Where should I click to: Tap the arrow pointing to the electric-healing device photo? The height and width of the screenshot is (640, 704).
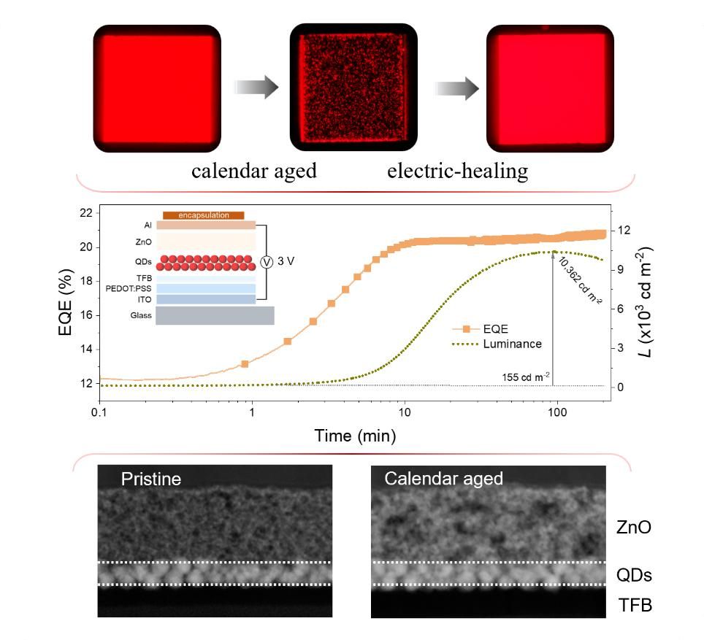[x=457, y=89]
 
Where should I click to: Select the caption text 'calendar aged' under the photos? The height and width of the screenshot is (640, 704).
[x=253, y=171]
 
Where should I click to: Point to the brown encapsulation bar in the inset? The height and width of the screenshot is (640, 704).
[x=202, y=215]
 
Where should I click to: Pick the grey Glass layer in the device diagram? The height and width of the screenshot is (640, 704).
[x=214, y=315]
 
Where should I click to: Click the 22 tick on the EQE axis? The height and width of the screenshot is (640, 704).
[x=85, y=213]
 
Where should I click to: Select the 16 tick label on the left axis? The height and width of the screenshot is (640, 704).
[x=85, y=315]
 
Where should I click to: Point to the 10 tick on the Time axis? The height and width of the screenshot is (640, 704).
[x=405, y=413]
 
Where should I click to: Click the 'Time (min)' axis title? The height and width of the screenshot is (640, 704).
[x=355, y=436]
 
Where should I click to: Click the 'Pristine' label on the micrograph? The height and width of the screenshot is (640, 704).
[x=151, y=479]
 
